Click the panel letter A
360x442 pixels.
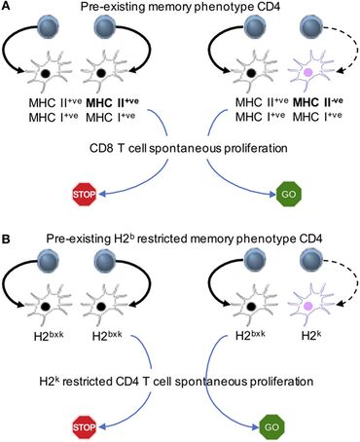[8, 8]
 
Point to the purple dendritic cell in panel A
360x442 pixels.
[308, 76]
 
